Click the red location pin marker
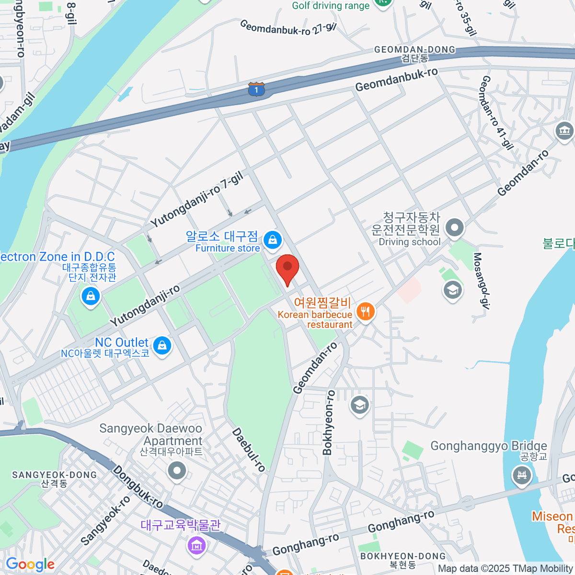tap(287, 268)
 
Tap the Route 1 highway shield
tap(256, 90)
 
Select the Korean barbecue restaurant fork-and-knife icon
tap(366, 312)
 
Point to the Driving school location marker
tap(454, 227)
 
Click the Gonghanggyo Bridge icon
tap(521, 475)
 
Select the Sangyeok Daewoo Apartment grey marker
tap(177, 471)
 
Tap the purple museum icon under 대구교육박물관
tap(196, 545)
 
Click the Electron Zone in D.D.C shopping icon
tap(91, 296)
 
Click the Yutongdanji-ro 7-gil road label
tap(197, 200)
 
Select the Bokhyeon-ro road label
tap(329, 422)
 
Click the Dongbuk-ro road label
tap(138, 486)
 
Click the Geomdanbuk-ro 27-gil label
tap(288, 28)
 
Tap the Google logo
tap(30, 564)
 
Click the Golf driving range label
tap(331, 6)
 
